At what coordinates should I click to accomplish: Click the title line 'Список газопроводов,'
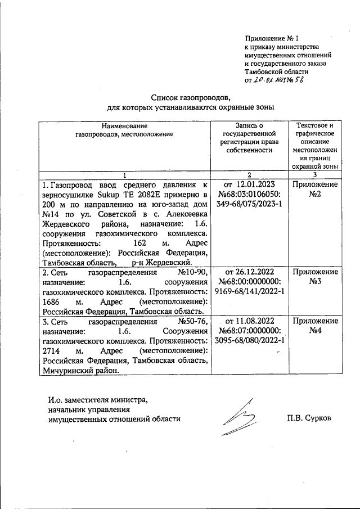pos(190,97)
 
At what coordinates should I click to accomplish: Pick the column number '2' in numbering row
pos(248,175)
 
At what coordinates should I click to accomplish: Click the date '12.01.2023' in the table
pos(256,184)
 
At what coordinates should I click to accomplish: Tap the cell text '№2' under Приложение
pos(314,195)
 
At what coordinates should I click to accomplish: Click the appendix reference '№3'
pos(314,282)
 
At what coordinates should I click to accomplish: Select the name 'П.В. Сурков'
pos(308,419)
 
